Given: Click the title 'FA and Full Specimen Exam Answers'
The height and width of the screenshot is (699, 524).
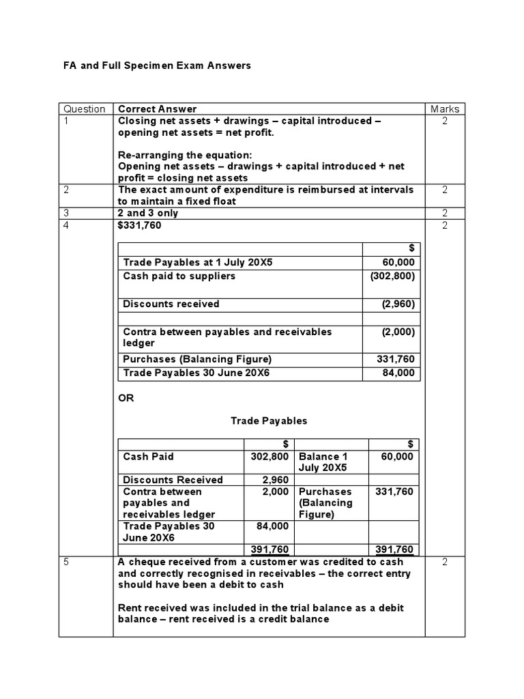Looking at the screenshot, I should [157, 66].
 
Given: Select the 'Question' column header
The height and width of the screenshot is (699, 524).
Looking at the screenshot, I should [85, 109].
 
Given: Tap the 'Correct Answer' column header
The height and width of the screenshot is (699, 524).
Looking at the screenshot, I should [157, 109].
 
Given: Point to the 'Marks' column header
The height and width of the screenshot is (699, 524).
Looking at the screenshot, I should [445, 109].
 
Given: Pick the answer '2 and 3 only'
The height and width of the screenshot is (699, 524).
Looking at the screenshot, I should [148, 213].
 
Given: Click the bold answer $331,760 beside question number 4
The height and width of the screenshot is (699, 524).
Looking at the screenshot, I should [140, 225].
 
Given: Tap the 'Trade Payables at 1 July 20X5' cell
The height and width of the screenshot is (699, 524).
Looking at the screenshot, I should [192, 263].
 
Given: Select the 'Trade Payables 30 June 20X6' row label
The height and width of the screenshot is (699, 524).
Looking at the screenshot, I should [189, 373].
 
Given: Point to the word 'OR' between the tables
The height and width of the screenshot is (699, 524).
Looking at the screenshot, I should [126, 398].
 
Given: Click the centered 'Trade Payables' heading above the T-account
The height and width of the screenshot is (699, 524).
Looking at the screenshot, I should [269, 420].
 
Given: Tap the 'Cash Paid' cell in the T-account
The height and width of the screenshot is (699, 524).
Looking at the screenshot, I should [149, 457].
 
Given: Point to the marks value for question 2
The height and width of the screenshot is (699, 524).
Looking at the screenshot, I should [445, 190].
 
